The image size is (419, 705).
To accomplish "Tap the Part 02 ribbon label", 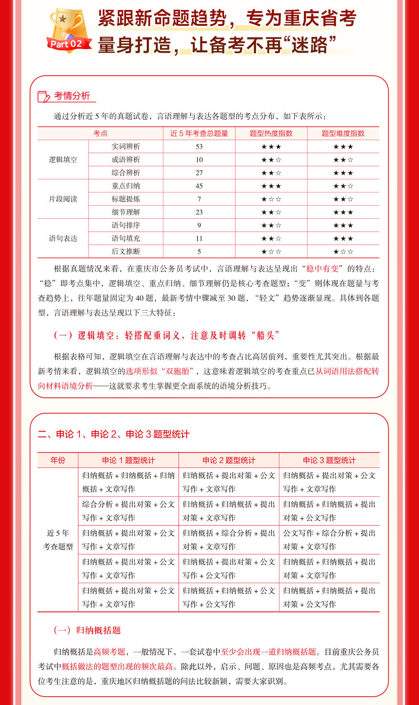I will click(x=67, y=44).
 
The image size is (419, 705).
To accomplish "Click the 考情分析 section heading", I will click(x=71, y=96).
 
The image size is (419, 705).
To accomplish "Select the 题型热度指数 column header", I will click(x=271, y=133).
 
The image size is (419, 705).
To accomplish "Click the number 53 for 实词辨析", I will click(x=199, y=147).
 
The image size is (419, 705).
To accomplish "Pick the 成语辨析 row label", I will click(x=126, y=160).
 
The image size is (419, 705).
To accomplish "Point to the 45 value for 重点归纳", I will click(x=199, y=186).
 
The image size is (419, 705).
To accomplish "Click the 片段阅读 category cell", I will click(x=63, y=199).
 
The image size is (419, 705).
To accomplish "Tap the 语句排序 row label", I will click(x=126, y=225).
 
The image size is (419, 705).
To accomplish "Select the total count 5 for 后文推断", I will click(x=199, y=251).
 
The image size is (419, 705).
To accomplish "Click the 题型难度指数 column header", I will click(x=343, y=133).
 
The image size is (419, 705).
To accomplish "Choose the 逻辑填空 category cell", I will click(x=63, y=160).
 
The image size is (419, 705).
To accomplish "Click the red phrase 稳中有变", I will click(x=322, y=269).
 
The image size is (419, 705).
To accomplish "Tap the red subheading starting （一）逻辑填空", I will click(x=166, y=335).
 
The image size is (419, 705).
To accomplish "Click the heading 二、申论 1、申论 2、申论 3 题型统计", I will click(x=113, y=434).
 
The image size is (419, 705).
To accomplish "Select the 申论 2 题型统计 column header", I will click(x=229, y=460).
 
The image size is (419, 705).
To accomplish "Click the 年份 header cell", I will click(x=58, y=460).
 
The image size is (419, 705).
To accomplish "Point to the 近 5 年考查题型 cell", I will click(x=58, y=540).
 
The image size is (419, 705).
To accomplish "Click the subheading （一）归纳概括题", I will click(x=87, y=630).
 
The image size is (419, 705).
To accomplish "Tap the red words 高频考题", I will click(x=109, y=652).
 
